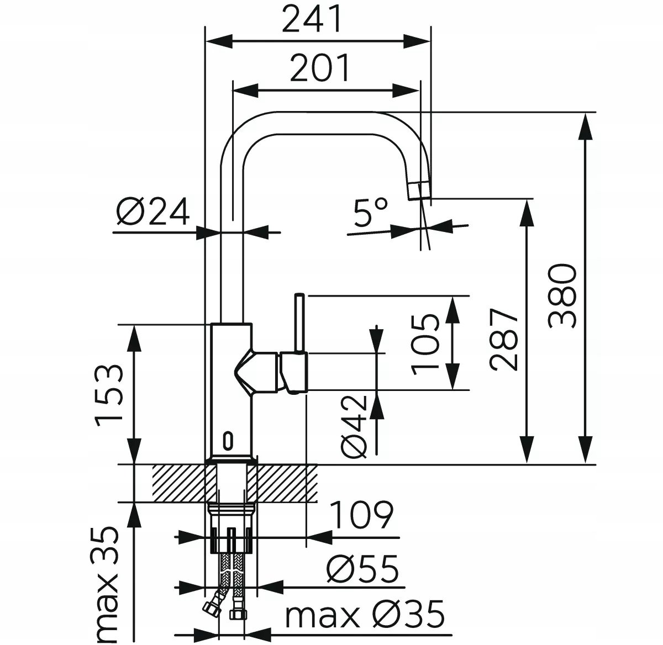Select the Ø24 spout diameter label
tap(152, 211)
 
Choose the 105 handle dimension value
tap(425, 344)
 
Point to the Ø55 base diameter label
tap(362, 568)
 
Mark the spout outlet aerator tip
tap(419, 191)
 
